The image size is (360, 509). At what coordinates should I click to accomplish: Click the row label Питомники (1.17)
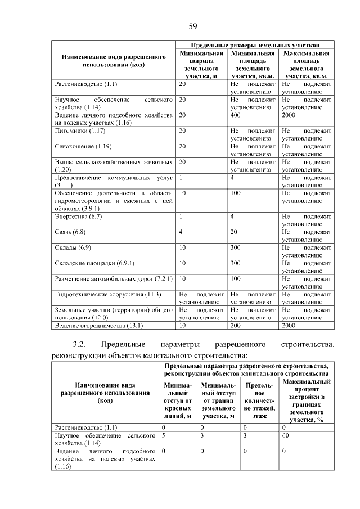pos(80,131)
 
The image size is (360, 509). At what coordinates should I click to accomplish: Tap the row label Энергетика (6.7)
pos(78,217)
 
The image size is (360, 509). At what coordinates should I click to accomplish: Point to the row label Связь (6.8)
pos(70,232)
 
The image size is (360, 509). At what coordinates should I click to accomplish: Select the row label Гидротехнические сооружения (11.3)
pos(109,294)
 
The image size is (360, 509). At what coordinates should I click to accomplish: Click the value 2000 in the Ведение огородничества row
pos(289,325)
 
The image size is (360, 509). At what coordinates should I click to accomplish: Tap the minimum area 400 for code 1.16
pos(236,115)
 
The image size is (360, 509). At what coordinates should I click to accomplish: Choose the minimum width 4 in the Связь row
pos(181,232)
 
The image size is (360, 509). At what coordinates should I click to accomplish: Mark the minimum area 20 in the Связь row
pos(234,232)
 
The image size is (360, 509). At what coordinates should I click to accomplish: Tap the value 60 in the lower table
pos(286,435)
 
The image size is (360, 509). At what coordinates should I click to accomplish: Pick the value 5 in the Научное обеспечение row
pos(163,435)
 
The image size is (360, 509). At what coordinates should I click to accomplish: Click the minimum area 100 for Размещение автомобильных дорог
pos(236,278)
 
